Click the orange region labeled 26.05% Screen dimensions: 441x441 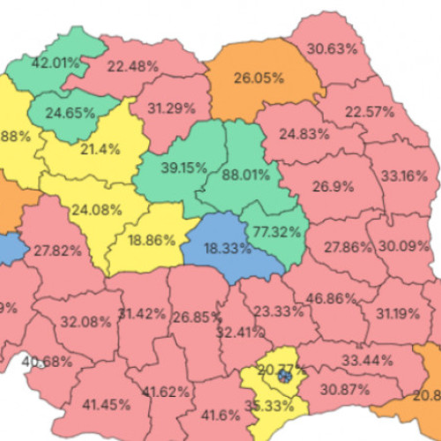point(259,78)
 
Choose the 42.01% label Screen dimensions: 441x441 point(56,63)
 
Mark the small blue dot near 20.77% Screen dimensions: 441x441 point(284,377)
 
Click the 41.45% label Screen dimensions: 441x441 point(107,405)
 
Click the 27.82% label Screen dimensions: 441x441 point(57,250)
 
